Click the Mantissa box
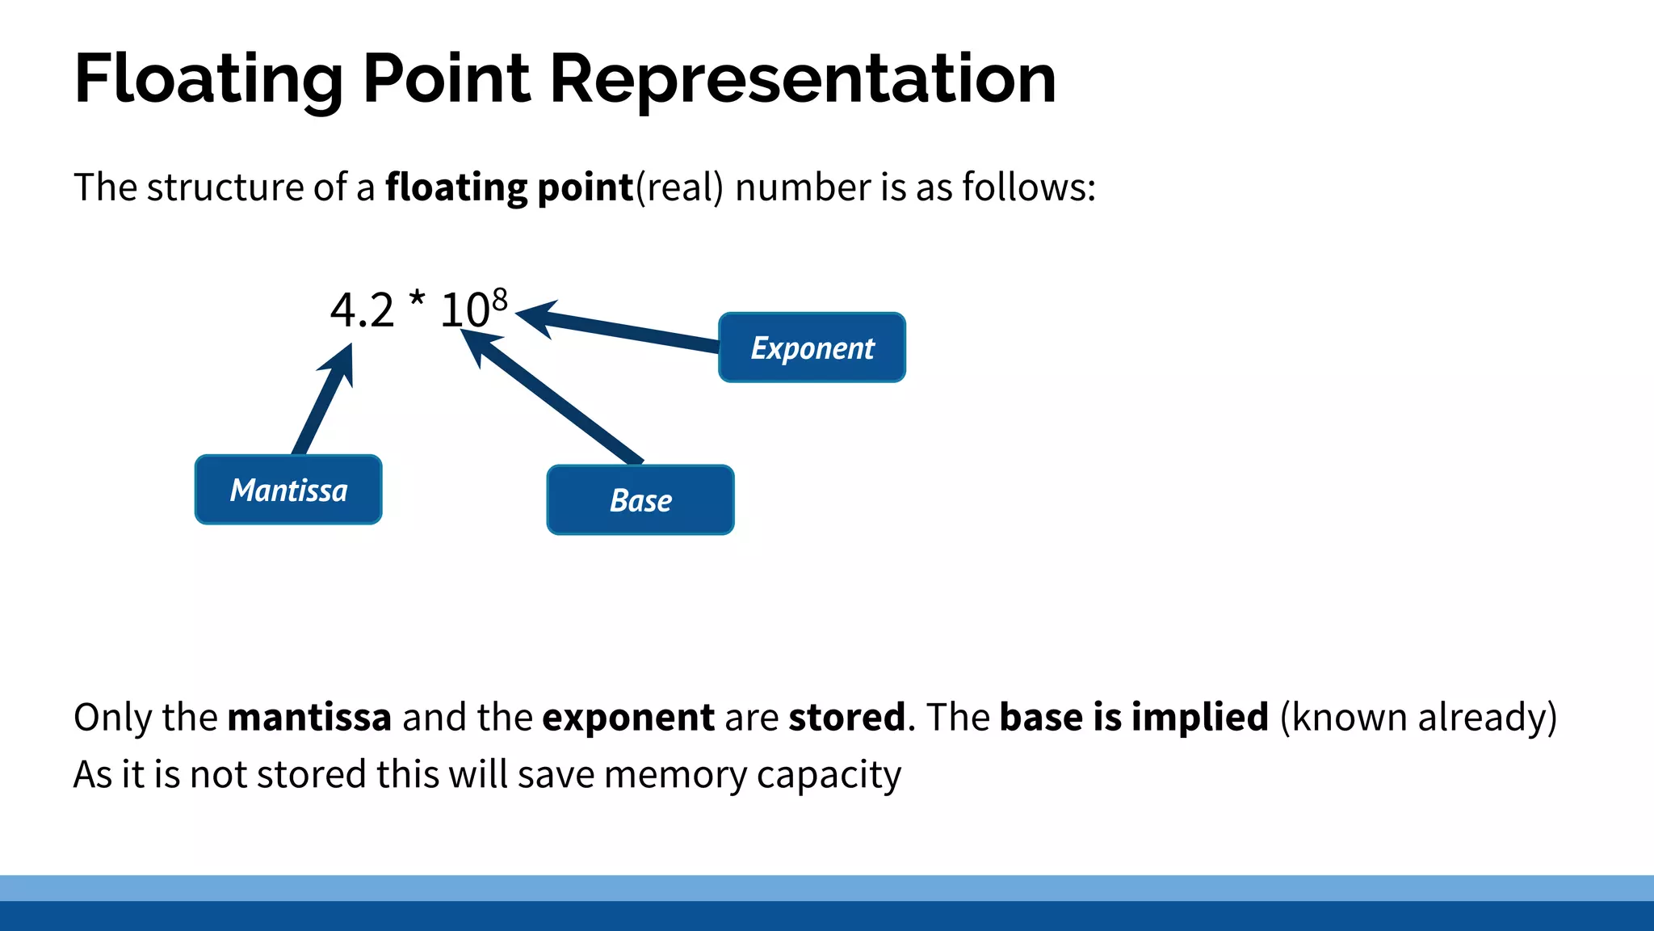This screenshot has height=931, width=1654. pyautogui.click(x=288, y=490)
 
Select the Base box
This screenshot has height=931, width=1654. pyautogui.click(x=640, y=499)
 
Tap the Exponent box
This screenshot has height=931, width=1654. pyautogui.click(x=812, y=348)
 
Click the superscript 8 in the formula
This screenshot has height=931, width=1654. pyautogui.click(x=500, y=300)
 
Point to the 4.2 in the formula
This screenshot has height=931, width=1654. pyautogui.click(x=362, y=310)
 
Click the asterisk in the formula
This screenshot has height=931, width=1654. pyautogui.click(x=417, y=300)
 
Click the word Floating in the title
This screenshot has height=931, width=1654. pyautogui.click(x=209, y=79)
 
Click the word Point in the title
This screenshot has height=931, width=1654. pyautogui.click(x=447, y=79)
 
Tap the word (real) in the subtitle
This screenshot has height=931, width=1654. pyautogui.click(x=679, y=187)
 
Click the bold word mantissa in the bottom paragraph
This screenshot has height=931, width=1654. pyautogui.click(x=309, y=717)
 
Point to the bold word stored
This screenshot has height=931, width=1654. pyautogui.click(x=846, y=717)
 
